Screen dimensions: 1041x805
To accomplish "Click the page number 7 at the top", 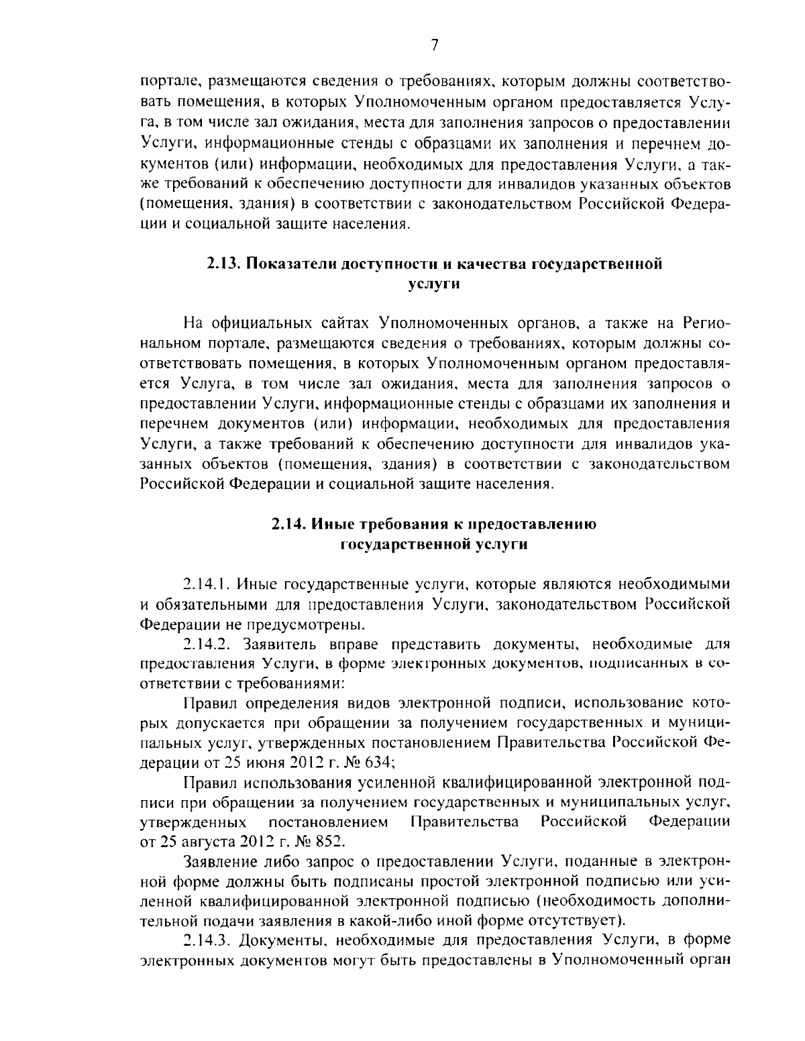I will (x=434, y=45).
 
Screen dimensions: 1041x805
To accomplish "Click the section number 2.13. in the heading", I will (x=223, y=264).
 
